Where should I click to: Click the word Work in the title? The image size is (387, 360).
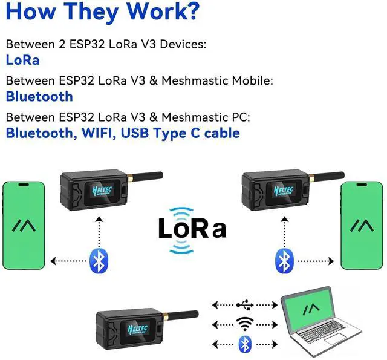coord(140,11)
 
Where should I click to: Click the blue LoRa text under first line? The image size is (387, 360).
coord(22,60)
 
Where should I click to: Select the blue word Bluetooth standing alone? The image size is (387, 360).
coord(39,96)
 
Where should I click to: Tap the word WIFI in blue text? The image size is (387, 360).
coord(95,133)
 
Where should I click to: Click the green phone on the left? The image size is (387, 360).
coord(24,225)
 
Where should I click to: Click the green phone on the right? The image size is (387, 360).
coord(363,225)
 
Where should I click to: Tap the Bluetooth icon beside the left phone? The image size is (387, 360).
coord(98,261)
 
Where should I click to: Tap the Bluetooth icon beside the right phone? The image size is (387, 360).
coord(284,261)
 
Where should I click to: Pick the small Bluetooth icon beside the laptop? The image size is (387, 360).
coord(244,344)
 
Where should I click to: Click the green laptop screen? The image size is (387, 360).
coord(311,310)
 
